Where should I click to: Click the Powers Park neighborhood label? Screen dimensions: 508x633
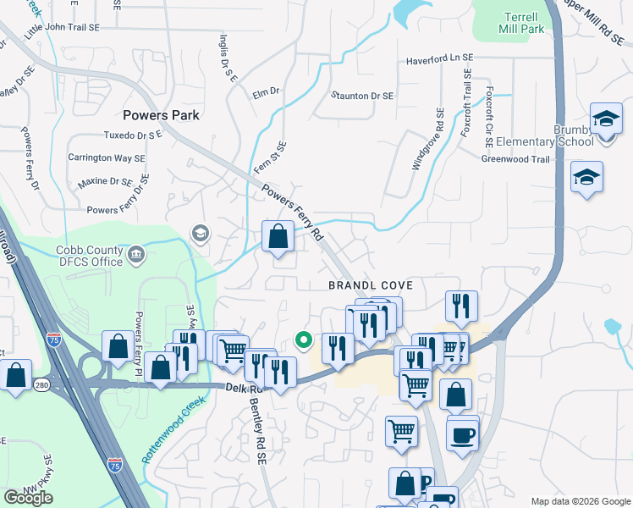tap(161, 115)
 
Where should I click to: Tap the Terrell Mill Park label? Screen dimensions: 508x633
tap(523, 23)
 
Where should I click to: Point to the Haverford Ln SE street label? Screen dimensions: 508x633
tap(439, 59)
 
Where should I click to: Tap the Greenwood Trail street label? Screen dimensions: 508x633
tap(515, 159)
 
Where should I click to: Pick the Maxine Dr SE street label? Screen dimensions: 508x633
tap(105, 182)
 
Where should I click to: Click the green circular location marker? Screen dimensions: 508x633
tap(303, 340)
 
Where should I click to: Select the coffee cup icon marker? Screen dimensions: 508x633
tap(462, 436)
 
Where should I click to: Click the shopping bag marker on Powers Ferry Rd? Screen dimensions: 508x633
tap(278, 237)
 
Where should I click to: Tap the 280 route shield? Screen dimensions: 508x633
tap(41, 385)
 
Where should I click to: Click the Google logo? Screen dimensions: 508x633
tap(28, 498)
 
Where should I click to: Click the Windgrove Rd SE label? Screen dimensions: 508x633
tap(427, 139)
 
